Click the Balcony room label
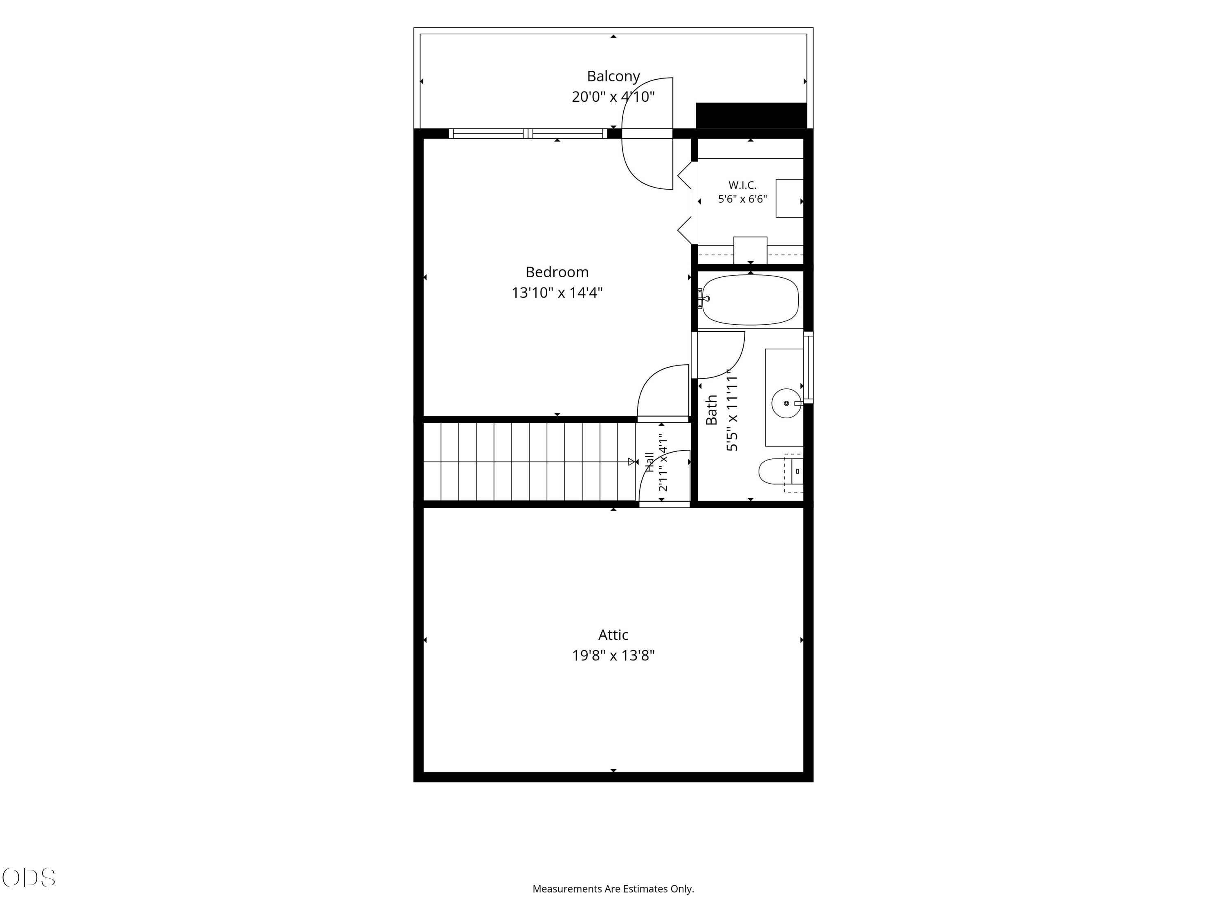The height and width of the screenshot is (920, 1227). (613, 76)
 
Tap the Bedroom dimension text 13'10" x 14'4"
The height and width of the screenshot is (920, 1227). (557, 292)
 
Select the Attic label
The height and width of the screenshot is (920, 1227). (613, 635)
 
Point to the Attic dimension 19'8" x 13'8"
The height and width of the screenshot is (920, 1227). (613, 655)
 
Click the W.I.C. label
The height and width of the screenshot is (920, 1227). (742, 185)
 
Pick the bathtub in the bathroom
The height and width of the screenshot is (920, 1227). (751, 299)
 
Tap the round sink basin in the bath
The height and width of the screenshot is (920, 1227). (786, 403)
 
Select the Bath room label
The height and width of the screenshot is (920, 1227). (711, 410)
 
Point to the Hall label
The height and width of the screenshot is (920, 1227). (649, 462)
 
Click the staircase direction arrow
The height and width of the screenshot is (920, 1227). (631, 461)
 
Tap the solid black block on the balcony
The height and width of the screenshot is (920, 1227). (751, 115)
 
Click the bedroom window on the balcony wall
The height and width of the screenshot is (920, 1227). (528, 133)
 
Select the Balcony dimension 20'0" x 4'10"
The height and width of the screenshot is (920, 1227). (613, 96)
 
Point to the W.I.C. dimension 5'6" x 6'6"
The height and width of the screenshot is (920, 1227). (742, 199)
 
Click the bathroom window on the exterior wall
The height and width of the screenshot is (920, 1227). (809, 367)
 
